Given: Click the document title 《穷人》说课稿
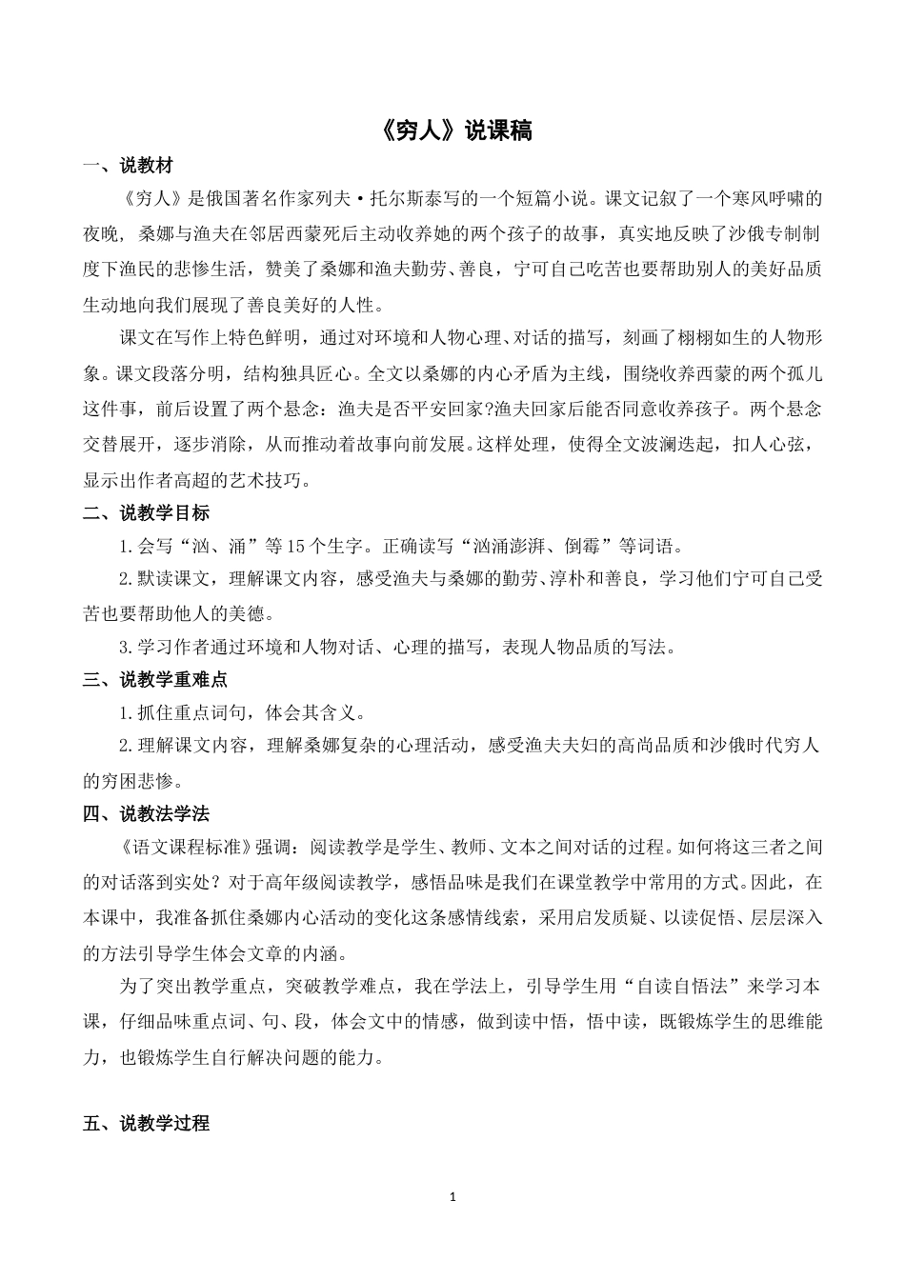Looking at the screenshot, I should [x=452, y=130].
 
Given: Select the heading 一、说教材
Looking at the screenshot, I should [x=128, y=167].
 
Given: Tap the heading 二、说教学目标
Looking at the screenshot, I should [x=146, y=514].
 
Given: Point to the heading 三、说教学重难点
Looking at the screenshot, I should [x=155, y=680].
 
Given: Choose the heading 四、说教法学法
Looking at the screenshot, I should [x=146, y=813].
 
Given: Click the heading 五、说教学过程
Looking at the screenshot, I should [x=146, y=1123].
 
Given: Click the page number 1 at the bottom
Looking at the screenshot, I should [x=452, y=1196].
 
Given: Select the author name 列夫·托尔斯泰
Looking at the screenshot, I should [x=414, y=200].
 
